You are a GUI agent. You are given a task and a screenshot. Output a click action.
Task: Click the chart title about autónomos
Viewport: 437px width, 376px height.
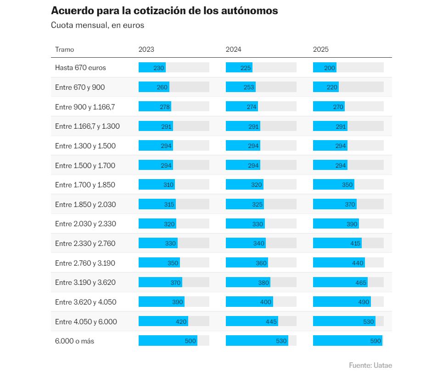pyautogui.click(x=164, y=11)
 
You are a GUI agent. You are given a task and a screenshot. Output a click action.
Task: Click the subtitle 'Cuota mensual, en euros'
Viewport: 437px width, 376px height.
pyautogui.click(x=97, y=25)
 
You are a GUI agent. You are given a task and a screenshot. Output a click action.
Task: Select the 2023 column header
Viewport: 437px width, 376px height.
pyautogui.click(x=146, y=49)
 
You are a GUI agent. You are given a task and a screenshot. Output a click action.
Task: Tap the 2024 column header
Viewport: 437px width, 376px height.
pyautogui.click(x=233, y=49)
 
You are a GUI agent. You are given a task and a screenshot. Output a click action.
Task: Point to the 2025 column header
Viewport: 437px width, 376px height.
pyautogui.click(x=321, y=49)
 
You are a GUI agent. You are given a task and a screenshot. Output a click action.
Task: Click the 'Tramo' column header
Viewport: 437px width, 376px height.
pyautogui.click(x=64, y=49)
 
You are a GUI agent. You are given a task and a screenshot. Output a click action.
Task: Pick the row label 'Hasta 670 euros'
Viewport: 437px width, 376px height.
pyautogui.click(x=80, y=68)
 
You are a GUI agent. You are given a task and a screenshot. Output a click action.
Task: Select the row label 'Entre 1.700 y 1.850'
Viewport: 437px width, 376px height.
pyautogui.click(x=85, y=185)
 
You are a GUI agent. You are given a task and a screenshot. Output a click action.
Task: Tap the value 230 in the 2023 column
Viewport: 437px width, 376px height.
pyautogui.click(x=159, y=68)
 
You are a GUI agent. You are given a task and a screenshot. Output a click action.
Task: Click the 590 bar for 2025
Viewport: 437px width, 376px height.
pyautogui.click(x=347, y=341)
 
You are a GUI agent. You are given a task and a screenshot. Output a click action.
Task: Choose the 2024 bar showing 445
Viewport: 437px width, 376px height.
pyautogui.click(x=252, y=322)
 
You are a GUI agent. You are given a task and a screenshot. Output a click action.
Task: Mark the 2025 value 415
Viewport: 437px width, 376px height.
pyautogui.click(x=355, y=244)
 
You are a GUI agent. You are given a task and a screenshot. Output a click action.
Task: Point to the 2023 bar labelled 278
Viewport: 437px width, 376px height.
pyautogui.click(x=155, y=107)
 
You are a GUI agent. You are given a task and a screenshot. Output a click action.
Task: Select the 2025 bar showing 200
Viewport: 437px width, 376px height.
pyautogui.click(x=325, y=68)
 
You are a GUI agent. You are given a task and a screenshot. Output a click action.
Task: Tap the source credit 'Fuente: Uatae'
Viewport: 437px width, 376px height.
pyautogui.click(x=370, y=365)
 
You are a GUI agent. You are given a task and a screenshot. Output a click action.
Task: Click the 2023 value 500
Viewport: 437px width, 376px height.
pyautogui.click(x=190, y=341)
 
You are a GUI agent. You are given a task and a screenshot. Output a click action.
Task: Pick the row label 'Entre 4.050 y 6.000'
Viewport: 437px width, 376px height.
pyautogui.click(x=86, y=322)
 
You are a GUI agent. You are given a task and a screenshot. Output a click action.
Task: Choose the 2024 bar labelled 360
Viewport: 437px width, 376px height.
pyautogui.click(x=247, y=263)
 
